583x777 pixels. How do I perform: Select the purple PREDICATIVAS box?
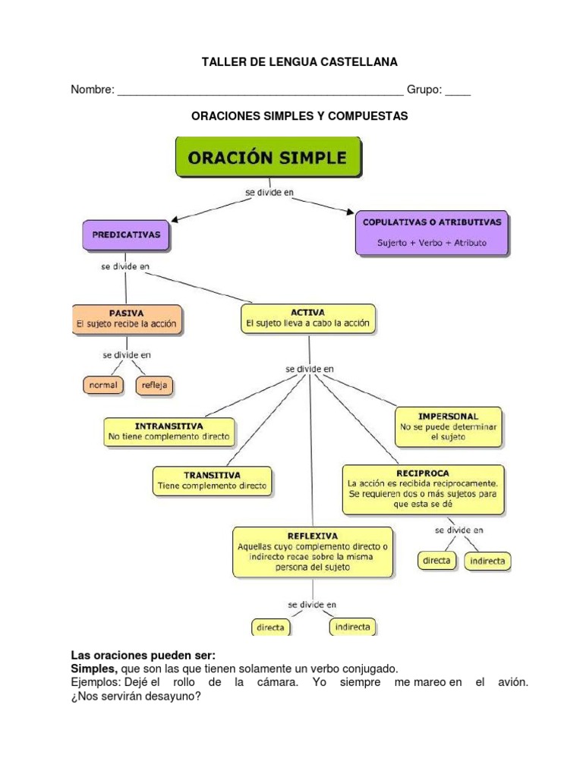pos(126,236)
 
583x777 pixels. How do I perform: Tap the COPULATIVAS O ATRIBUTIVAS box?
pos(432,233)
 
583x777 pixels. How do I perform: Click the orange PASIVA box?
pos(127,318)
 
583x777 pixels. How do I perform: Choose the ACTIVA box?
pos(308,318)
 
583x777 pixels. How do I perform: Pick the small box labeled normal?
pos(103,385)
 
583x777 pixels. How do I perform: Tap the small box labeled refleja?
pos(154,385)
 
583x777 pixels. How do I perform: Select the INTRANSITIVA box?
pos(169,432)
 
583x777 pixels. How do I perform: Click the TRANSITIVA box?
pos(213,480)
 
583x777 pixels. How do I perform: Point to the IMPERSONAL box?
pos(448,427)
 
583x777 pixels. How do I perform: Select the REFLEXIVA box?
pos(313,552)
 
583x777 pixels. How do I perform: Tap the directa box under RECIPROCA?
pos(436,562)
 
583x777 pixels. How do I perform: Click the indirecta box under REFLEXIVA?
pos(352,628)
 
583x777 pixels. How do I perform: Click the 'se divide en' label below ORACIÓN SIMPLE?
pos(269,193)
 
